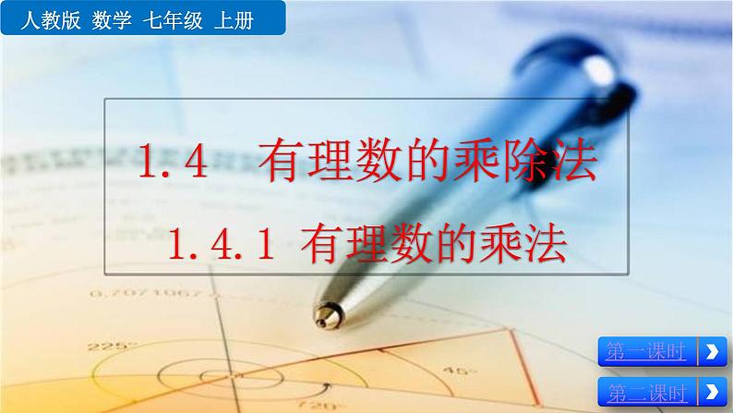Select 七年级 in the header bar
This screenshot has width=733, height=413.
point(169,18)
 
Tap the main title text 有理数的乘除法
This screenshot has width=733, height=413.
point(435,163)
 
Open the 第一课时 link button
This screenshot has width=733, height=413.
point(646,352)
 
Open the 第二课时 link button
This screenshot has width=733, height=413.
point(646,390)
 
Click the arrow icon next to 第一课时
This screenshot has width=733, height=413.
point(709,352)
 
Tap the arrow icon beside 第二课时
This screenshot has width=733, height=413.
point(709,390)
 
